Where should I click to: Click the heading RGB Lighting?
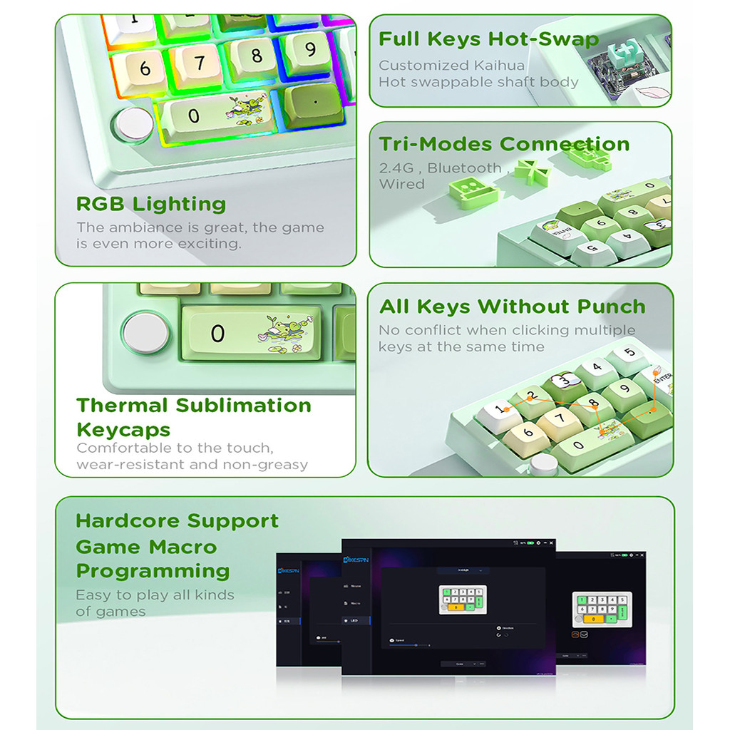click(x=150, y=204)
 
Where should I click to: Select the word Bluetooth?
click(x=464, y=168)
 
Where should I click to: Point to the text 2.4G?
click(x=399, y=168)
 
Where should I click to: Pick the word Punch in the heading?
click(x=611, y=307)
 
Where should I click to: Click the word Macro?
click(x=182, y=547)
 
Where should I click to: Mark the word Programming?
click(x=153, y=571)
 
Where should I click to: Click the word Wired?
click(x=401, y=184)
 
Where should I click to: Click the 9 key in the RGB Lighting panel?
click(x=309, y=50)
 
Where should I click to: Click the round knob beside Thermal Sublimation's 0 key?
click(x=145, y=333)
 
